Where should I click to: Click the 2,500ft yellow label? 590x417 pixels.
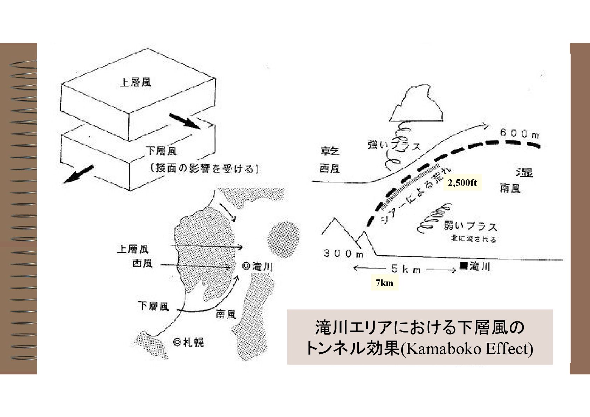462,182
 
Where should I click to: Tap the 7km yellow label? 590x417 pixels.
384,283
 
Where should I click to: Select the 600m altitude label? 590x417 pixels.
519,133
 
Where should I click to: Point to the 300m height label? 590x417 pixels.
343,253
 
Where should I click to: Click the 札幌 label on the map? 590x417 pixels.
193,342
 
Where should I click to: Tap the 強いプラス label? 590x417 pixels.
394,145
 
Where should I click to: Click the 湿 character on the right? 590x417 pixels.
524,172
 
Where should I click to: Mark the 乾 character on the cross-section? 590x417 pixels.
330,152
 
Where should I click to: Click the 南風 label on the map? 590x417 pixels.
225,314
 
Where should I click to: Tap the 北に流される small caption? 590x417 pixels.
473,240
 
